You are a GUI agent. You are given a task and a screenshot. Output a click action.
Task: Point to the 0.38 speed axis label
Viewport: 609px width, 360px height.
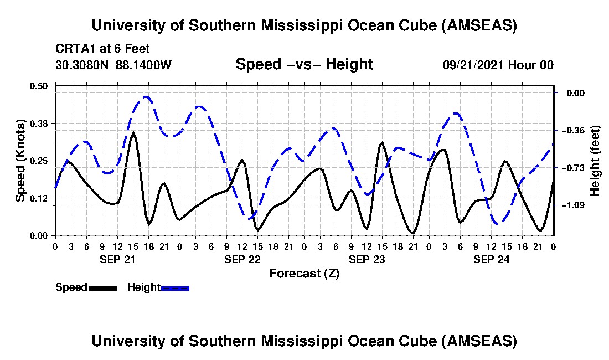coord(40,123)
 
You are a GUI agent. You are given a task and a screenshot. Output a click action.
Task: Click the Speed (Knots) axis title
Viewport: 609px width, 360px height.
coord(20,160)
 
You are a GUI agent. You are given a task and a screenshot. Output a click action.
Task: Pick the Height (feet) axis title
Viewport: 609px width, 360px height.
coord(595,161)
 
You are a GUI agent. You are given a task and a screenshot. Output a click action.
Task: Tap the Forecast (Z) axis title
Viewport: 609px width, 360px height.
coord(304,274)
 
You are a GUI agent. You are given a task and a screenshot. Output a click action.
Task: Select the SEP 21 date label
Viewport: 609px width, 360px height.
coord(117,259)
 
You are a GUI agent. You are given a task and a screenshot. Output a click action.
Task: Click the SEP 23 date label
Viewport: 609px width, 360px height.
coord(366,259)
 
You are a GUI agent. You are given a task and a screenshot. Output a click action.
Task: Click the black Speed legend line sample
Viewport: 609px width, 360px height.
coord(103,288)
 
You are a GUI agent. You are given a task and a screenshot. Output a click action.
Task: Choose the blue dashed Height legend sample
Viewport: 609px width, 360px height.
coord(175,288)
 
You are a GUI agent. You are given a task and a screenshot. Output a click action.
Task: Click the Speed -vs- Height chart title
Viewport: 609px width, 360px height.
coord(304,65)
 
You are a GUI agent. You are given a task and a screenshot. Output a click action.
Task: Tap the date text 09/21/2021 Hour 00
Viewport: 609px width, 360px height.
coord(498,65)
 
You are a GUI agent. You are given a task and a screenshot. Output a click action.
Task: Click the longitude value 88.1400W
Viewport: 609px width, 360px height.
coord(143,65)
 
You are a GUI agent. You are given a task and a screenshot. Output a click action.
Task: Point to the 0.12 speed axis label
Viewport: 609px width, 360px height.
coord(40,198)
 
